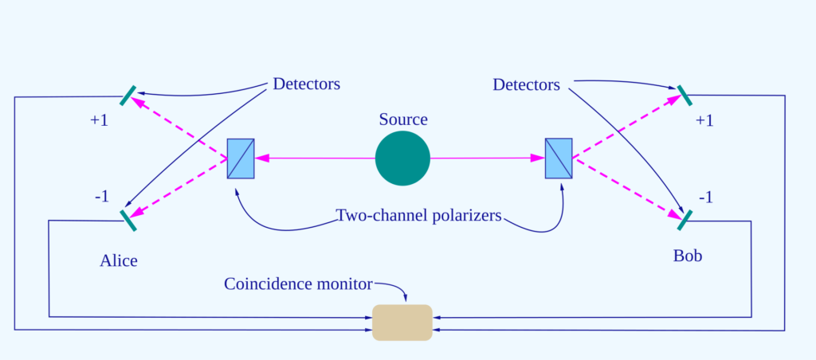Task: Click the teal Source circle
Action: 402,158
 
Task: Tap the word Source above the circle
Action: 402,119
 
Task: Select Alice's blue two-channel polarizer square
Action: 241,158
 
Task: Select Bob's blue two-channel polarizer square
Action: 559,158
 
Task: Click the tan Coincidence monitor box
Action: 402,322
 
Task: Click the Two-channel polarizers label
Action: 418,216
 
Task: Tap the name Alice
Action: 119,260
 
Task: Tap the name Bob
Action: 688,256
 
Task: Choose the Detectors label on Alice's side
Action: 306,84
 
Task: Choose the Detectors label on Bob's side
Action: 526,84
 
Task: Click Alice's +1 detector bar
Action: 127,96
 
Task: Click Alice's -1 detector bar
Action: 127,220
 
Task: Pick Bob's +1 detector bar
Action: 680,96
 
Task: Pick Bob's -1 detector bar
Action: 683,220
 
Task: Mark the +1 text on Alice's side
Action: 99,121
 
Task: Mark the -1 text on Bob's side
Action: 706,197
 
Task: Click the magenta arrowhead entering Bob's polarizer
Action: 538,158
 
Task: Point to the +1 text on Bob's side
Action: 704,121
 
